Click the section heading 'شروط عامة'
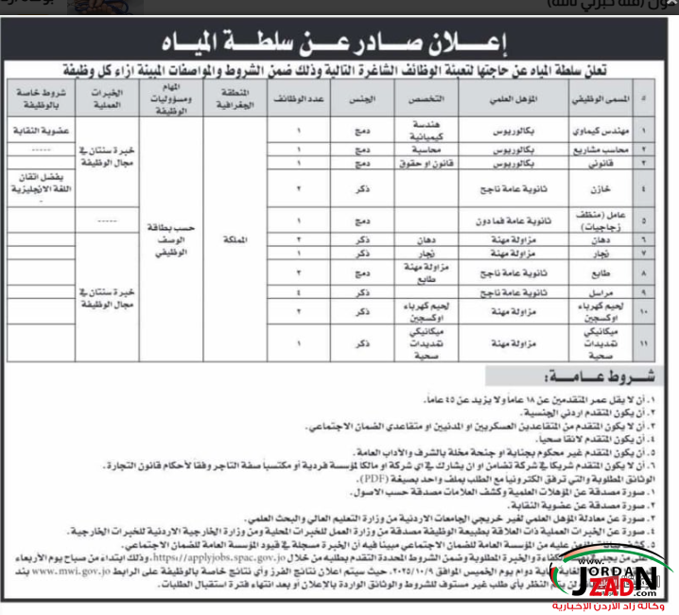[x=563, y=377]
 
